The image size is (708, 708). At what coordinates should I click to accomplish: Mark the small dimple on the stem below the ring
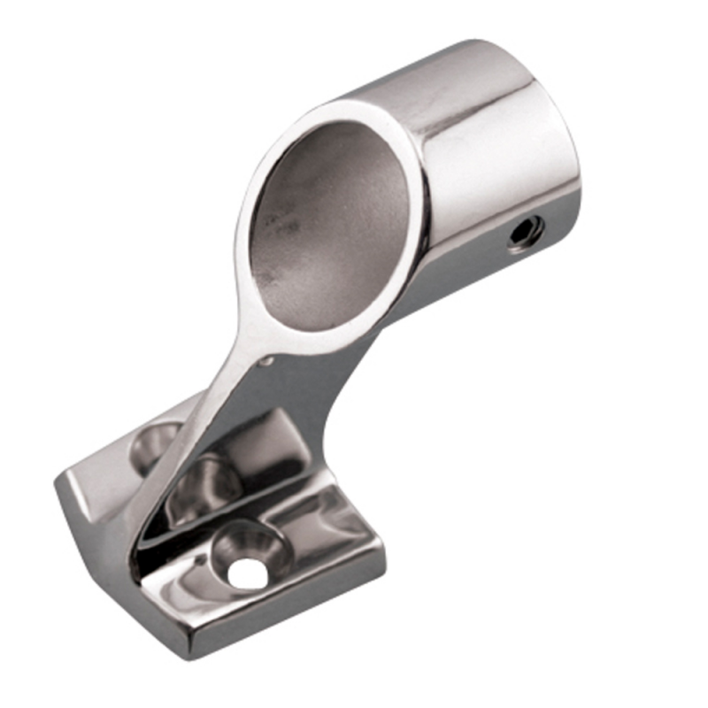point(268,361)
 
